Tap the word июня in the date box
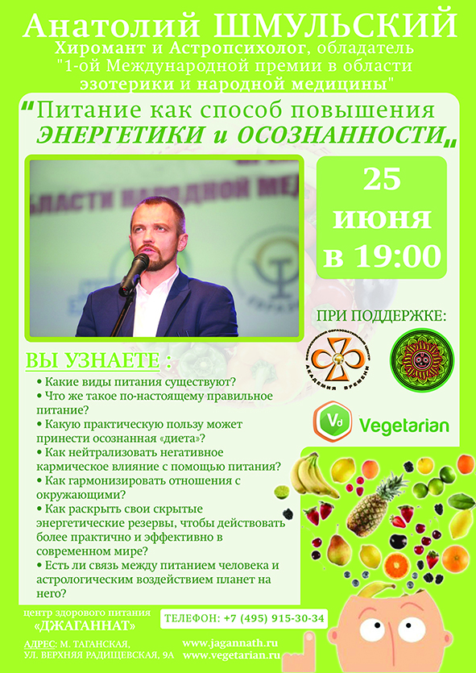pyautogui.click(x=383, y=218)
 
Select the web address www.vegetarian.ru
pyautogui.click(x=230, y=656)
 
